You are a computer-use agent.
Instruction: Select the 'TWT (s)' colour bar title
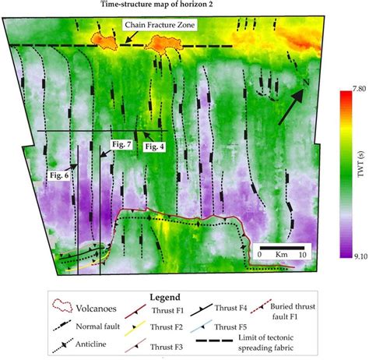tap(360, 178)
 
